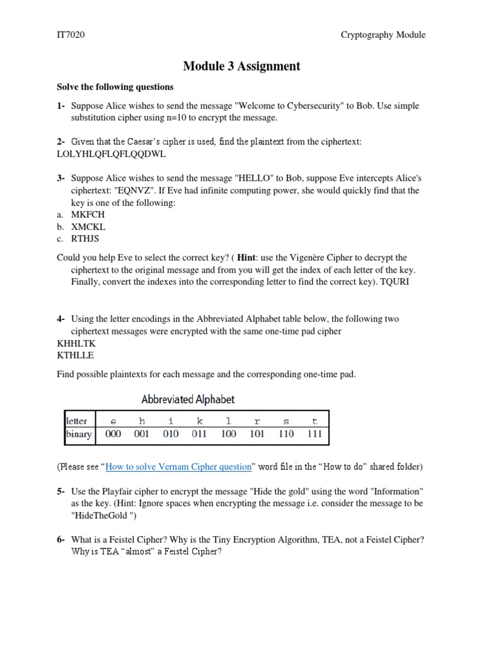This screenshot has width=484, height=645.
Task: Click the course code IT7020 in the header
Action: (71, 35)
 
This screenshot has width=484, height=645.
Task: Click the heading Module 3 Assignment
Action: (241, 66)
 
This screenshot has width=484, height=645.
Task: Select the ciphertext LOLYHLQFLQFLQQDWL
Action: (112, 154)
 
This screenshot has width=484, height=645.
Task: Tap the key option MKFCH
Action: (88, 215)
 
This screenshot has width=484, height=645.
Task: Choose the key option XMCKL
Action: (88, 227)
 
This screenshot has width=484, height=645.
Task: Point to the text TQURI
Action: (395, 282)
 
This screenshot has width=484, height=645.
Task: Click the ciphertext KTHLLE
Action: (75, 355)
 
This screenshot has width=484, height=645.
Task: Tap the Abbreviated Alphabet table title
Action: (188, 399)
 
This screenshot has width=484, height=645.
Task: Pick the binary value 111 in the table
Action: (314, 434)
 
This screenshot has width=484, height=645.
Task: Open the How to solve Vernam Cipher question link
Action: (179, 467)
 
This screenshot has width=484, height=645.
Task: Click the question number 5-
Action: (62, 491)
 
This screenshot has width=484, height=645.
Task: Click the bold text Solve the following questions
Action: (115, 87)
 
